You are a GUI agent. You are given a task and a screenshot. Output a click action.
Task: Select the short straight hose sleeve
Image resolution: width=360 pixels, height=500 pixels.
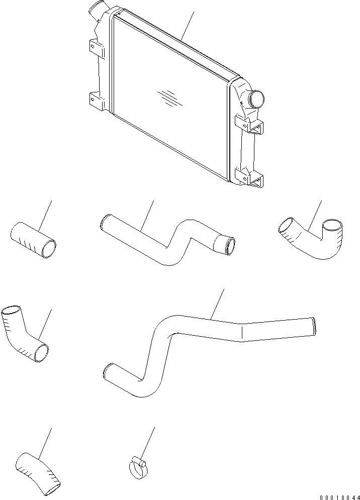pos(33,239)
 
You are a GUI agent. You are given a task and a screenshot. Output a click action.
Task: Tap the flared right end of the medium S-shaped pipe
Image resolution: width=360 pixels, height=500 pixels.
pos(224,244)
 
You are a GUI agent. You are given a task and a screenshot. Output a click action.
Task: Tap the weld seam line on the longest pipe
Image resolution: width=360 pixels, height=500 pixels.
pos(243,332)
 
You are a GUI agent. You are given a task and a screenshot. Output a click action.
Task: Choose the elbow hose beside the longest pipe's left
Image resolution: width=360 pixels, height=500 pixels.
pos(24,333)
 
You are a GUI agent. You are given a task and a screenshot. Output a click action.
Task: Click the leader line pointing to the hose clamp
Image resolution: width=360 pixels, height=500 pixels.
pos(148,442)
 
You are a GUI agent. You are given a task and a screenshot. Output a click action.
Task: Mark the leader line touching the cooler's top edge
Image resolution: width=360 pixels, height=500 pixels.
pos(187,25)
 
